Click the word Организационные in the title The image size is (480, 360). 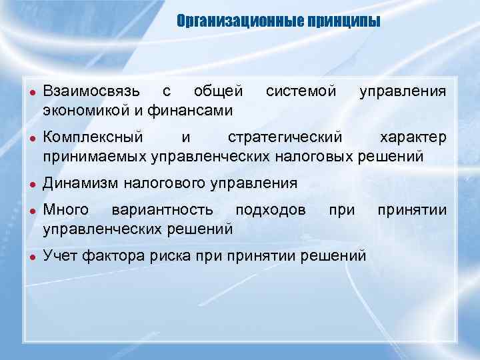(x=239, y=22)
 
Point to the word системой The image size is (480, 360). (x=301, y=91)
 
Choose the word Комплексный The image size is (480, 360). (x=92, y=138)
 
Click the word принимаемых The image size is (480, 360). (x=95, y=157)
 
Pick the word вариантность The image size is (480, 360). (x=163, y=211)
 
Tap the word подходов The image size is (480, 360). (x=271, y=211)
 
